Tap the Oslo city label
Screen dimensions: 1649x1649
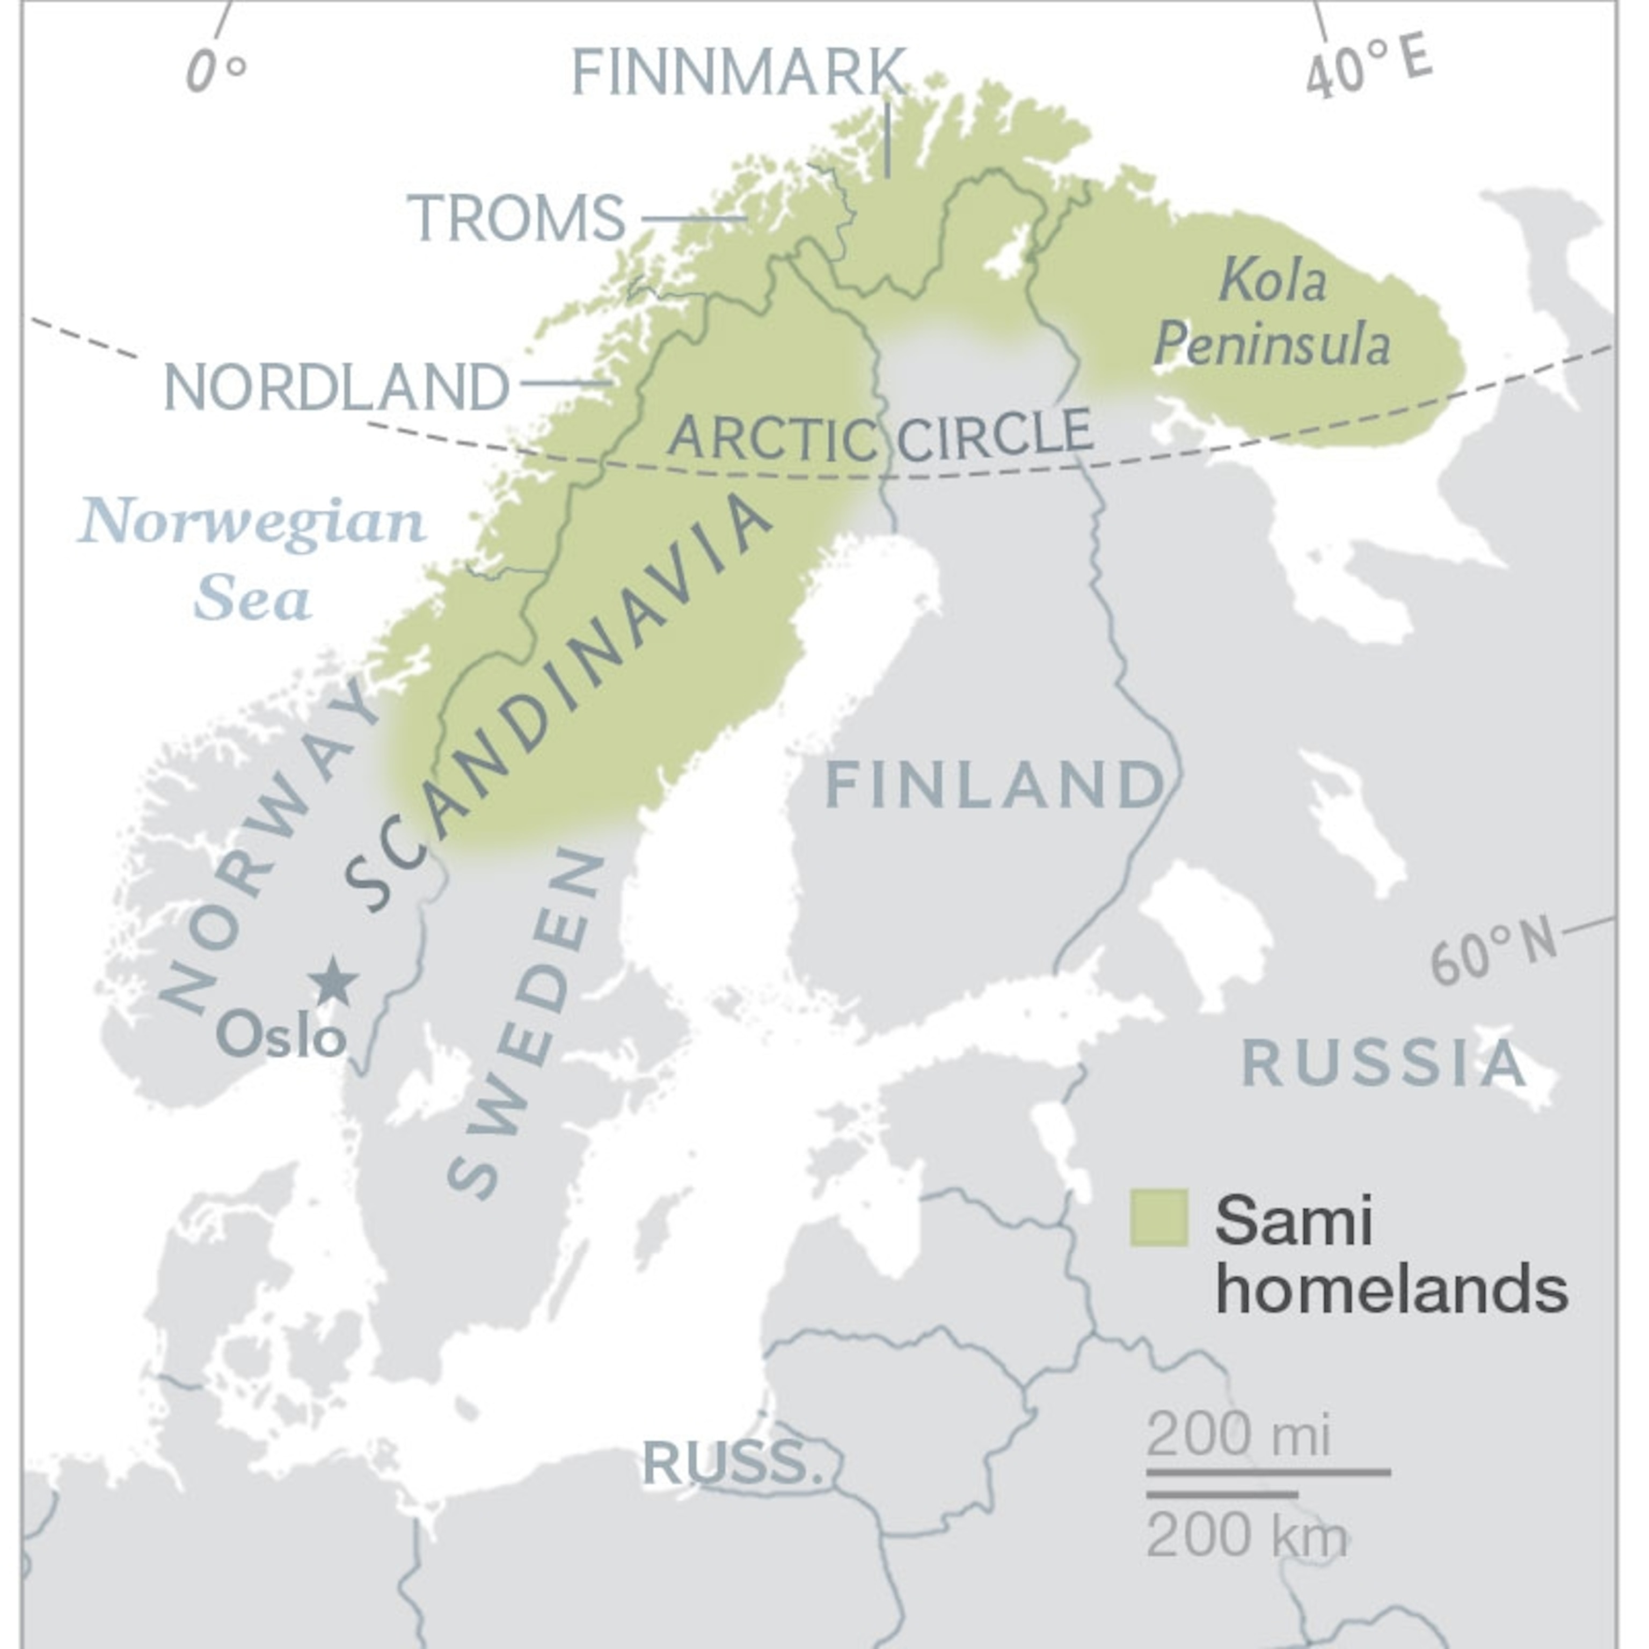click(x=281, y=1037)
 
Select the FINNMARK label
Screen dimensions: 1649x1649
click(x=738, y=72)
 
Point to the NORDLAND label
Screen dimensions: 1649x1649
click(x=337, y=386)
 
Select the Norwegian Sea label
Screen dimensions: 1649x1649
click(x=252, y=559)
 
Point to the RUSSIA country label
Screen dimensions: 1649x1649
click(x=1383, y=1063)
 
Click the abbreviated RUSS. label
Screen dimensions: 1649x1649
click(x=732, y=1462)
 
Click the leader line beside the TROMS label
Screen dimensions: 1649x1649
click(x=693, y=218)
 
